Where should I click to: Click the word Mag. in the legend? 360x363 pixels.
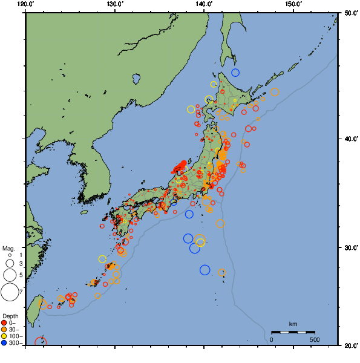click(x=8, y=248)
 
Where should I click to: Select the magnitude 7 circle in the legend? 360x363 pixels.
click(x=9, y=292)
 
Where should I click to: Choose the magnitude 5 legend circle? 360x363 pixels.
click(x=9, y=275)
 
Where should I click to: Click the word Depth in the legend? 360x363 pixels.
click(x=9, y=316)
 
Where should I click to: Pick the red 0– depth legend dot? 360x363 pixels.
click(x=4, y=322)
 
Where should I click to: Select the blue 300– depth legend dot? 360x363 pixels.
click(x=4, y=343)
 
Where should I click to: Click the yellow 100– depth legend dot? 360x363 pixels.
click(x=4, y=336)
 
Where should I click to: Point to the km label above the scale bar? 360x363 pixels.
click(x=293, y=325)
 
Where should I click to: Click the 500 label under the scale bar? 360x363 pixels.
click(x=315, y=339)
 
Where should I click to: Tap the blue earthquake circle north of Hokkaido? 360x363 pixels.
click(x=235, y=73)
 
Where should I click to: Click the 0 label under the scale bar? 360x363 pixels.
click(x=271, y=339)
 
